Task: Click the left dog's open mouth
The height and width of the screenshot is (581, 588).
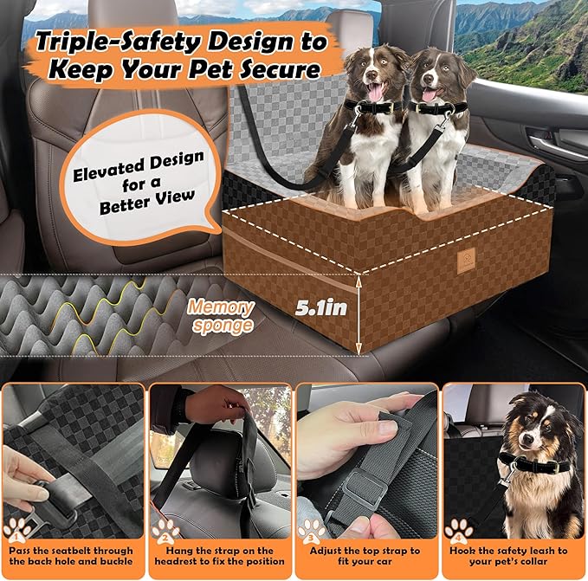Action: [x=376, y=94]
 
